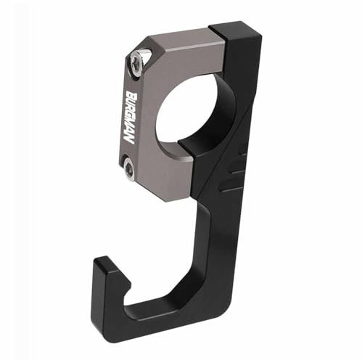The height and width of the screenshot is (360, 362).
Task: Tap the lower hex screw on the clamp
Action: pyautogui.click(x=129, y=170)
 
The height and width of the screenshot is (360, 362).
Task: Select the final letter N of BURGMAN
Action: pyautogui.click(x=131, y=139)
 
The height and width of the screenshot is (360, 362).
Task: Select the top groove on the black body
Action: pyautogui.click(x=236, y=155)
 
